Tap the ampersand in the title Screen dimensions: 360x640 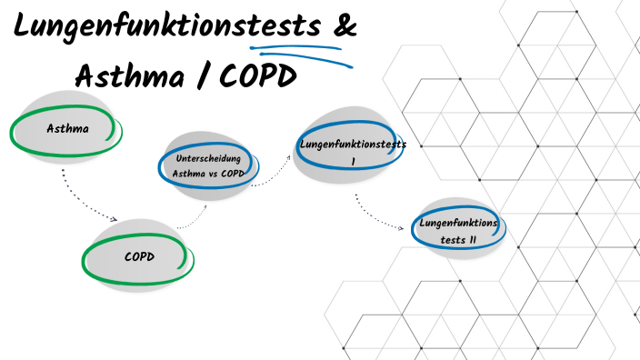[x=344, y=27]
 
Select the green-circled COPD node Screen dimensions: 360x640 [x=139, y=256]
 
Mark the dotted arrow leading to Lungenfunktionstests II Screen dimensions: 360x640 [x=377, y=216]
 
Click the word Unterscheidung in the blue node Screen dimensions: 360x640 [x=206, y=158]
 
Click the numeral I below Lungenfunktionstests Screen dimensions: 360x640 [x=353, y=161]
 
